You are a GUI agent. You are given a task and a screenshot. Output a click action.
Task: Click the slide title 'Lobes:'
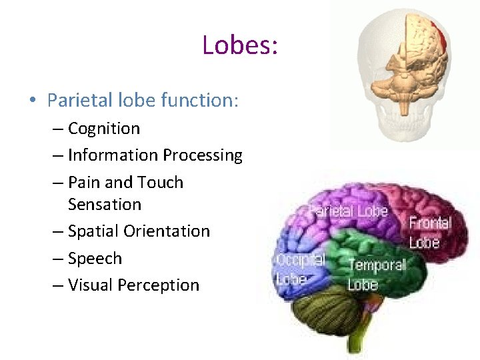click(239, 45)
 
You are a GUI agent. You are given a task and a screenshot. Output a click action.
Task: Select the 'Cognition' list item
click(104, 128)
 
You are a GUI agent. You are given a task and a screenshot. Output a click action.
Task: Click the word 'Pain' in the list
click(83, 182)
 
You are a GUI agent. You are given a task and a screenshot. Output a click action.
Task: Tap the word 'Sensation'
click(105, 204)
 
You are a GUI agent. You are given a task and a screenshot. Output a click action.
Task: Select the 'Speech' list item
click(95, 259)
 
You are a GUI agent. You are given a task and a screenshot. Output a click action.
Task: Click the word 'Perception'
click(158, 285)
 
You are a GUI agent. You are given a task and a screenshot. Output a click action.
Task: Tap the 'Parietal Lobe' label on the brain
click(348, 212)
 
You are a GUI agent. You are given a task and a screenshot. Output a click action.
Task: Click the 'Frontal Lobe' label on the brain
click(429, 232)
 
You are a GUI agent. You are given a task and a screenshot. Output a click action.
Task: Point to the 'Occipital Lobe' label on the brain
click(300, 268)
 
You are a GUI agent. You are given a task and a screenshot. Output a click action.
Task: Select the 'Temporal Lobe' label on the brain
click(377, 274)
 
